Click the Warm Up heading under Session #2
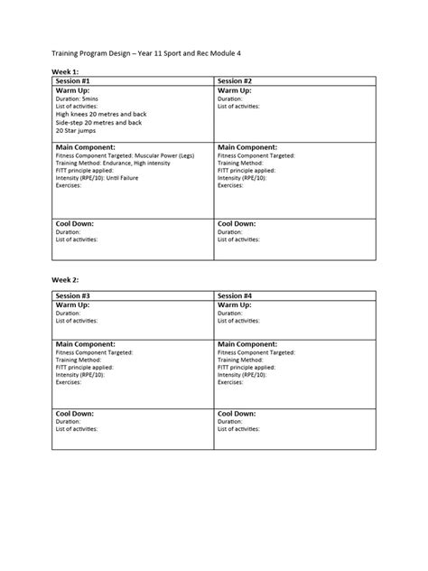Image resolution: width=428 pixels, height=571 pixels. pyautogui.click(x=234, y=91)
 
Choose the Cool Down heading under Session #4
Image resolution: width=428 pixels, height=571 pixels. pyautogui.click(x=237, y=413)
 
